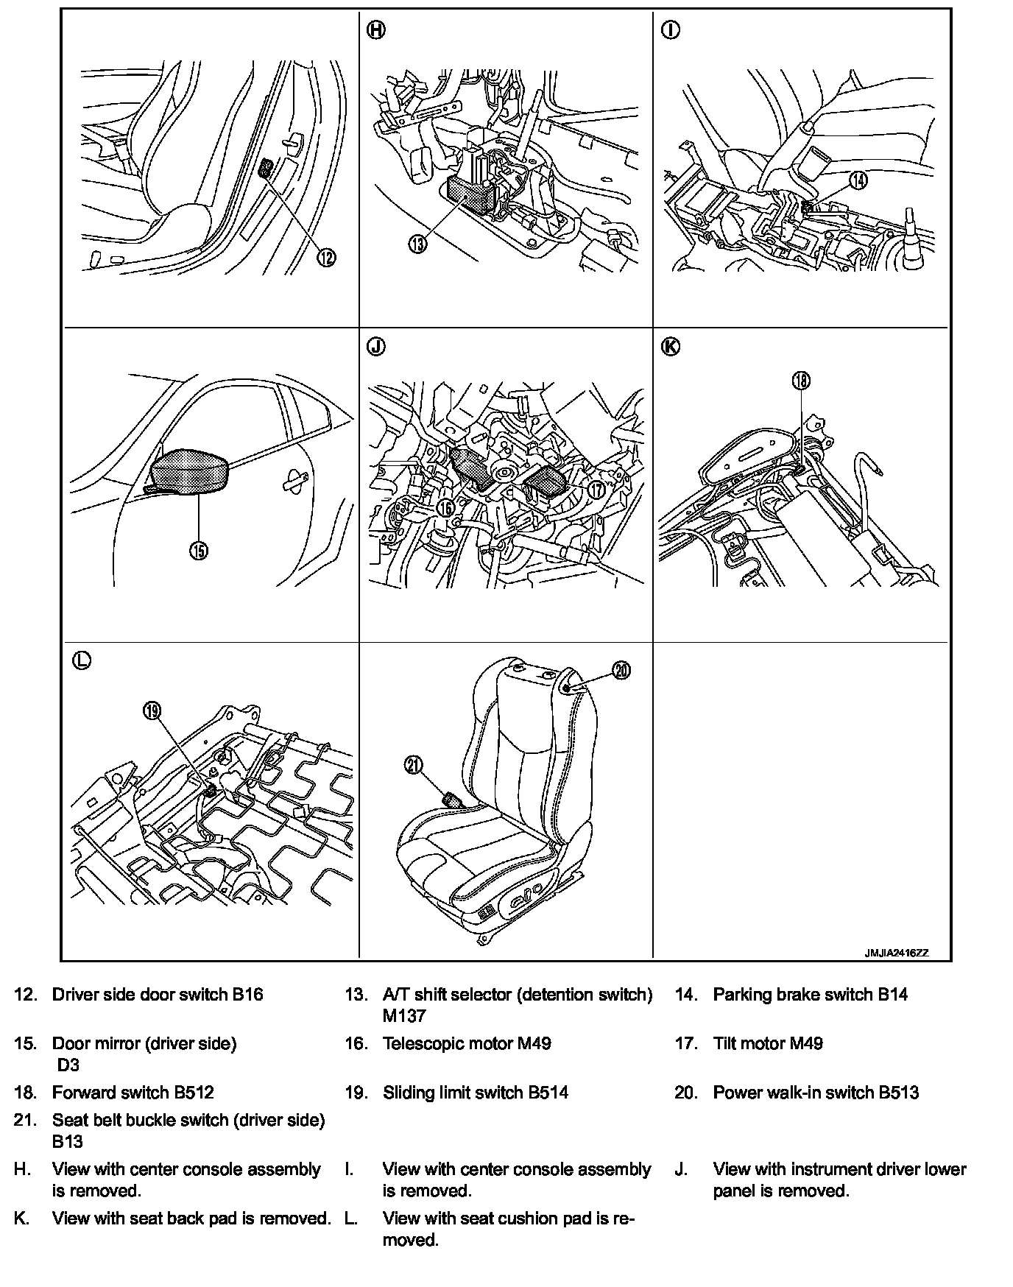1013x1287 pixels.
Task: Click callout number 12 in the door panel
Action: click(x=326, y=257)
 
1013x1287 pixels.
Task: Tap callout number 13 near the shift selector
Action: click(x=417, y=243)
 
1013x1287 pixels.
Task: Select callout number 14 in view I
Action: click(x=858, y=180)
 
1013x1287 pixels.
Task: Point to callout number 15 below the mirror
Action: click(x=199, y=550)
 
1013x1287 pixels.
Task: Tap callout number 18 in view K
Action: click(x=800, y=380)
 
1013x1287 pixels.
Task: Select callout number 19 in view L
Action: click(x=152, y=711)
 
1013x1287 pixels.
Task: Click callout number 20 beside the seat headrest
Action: click(x=622, y=671)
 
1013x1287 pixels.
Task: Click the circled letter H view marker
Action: click(x=375, y=30)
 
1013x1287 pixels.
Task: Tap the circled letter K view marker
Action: click(x=671, y=347)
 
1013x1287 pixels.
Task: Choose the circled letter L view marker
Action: click(x=81, y=660)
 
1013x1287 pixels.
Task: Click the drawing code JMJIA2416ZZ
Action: click(x=896, y=952)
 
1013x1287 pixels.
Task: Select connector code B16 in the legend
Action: click(x=247, y=995)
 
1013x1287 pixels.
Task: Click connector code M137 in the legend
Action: click(x=404, y=1016)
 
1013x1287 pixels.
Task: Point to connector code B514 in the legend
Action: click(x=548, y=1093)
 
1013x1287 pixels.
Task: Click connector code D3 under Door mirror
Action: click(x=68, y=1065)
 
